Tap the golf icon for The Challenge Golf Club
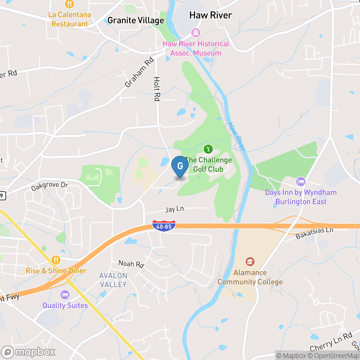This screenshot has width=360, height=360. pos(208,149)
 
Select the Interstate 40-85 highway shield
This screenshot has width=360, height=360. pos(164,225)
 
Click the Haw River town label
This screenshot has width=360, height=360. pos(211,15)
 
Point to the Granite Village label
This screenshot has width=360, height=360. pos(136,21)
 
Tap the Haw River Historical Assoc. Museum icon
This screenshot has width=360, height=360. pos(195,32)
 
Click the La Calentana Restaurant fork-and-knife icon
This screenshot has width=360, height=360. pos(69,4)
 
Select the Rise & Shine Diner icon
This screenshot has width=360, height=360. pos(56,260)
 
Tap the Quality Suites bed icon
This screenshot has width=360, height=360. pos(65,294)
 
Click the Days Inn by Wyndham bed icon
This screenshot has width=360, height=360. pos(301,181)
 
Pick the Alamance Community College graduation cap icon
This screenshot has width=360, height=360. pos(250,262)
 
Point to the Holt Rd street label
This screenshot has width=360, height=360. pos(157,89)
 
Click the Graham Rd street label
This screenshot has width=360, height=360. pos(139,73)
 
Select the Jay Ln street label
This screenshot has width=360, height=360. pos(175,209)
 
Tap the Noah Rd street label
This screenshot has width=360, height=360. pos(131,264)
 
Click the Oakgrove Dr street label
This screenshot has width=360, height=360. pos(50,186)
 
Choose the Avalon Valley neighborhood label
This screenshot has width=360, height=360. pos(113,280)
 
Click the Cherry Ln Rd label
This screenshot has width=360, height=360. pos(331,341)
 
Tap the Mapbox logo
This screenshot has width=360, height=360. pos(28,352)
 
